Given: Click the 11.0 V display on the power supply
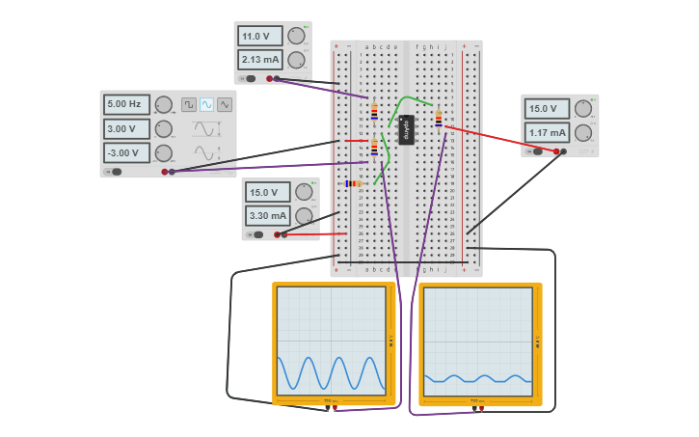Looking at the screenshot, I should coord(259,37).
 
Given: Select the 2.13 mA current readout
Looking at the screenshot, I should coord(259,60).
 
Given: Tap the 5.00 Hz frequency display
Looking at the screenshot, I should coord(126,104).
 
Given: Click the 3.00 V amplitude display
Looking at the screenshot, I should coord(126,128).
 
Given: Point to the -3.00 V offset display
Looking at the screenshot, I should coord(126,152).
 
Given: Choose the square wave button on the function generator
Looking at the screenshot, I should coord(189,104).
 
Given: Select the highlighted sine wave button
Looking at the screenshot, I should coord(206,104).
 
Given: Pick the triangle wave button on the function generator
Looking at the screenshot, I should coord(225,104).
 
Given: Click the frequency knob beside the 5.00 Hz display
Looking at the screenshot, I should coord(164,104).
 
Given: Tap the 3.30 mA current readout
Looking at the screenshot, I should coord(267,215).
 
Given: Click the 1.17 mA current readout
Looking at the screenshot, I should coord(547,132).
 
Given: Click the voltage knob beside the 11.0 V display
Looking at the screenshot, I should coord(296,36).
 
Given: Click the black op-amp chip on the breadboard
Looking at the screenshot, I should coord(406,129).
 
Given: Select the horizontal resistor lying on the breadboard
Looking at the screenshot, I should coord(354,183).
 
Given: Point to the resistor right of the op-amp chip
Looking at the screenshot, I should coord(439,119).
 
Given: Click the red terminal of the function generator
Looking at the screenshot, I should coord(165,172).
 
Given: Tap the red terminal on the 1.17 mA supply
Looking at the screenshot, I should coord(556,151).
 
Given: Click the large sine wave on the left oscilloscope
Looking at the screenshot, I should coord(332,373).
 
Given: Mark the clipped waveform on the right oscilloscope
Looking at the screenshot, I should coord(477,378).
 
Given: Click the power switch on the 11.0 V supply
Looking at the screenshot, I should coord(250,79).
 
